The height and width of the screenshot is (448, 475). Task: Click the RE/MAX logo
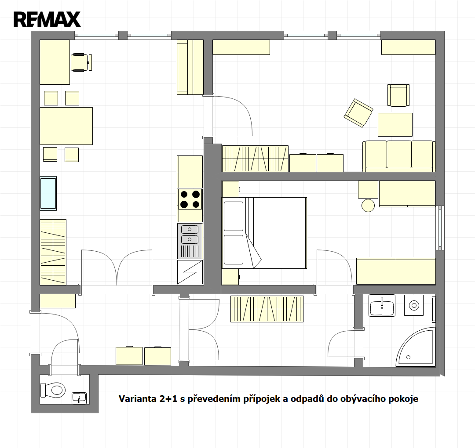(47, 19)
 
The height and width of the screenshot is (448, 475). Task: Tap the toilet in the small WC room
(53, 390)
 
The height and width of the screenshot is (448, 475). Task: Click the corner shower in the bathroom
(416, 347)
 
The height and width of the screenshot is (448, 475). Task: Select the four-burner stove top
(190, 199)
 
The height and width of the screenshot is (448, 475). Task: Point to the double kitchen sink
(190, 241)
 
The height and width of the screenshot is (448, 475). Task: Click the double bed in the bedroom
(264, 233)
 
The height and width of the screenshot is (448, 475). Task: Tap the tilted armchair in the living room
(358, 113)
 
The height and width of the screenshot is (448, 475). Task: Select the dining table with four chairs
(66, 126)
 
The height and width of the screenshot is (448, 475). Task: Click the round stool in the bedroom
(368, 206)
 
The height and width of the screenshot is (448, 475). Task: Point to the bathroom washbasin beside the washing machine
(382, 306)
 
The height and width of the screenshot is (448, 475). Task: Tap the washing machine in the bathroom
(414, 305)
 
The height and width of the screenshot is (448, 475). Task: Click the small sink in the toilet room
(79, 398)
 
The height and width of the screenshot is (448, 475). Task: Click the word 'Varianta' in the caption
(137, 399)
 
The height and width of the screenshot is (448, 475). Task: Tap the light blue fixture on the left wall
(48, 194)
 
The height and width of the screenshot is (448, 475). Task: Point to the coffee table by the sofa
(395, 125)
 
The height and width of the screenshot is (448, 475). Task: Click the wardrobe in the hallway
(267, 309)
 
